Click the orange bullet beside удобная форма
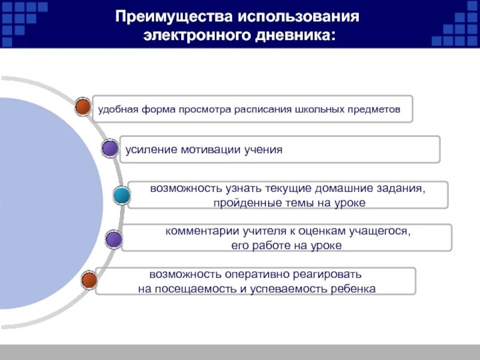83,108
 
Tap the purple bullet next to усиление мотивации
110,149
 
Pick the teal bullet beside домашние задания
122,196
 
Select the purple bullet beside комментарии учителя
114,240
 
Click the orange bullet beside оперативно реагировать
89,280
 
